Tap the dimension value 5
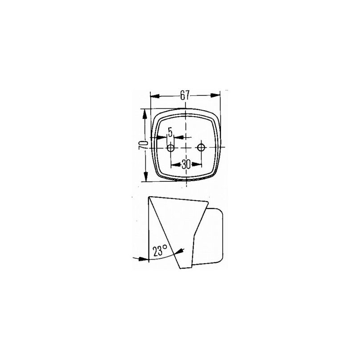[x=170, y=132]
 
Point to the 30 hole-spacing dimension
[x=186, y=164]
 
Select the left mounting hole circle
[x=171, y=148]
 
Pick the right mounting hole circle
[x=201, y=147]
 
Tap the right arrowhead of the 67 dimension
[x=215, y=95]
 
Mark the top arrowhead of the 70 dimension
[x=144, y=114]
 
